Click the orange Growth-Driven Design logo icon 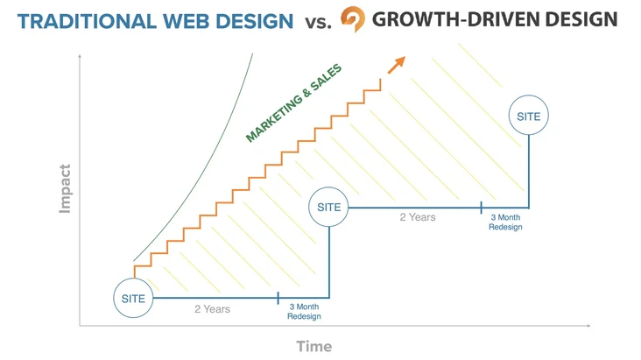pyautogui.click(x=353, y=18)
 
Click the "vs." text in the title pyautogui.click(x=318, y=23)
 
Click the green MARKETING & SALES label pyautogui.click(x=293, y=103)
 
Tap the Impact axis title pyautogui.click(x=65, y=188)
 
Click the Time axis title pyautogui.click(x=314, y=347)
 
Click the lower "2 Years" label pyautogui.click(x=212, y=309)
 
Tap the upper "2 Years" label pyautogui.click(x=418, y=217)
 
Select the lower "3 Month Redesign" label pyautogui.click(x=304, y=311)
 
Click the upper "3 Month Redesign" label pyautogui.click(x=505, y=222)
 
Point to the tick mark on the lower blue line pyautogui.click(x=278, y=298)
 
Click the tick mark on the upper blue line pyautogui.click(x=481, y=208)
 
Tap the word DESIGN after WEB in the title pyautogui.click(x=254, y=21)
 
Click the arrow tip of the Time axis pyautogui.click(x=590, y=326)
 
